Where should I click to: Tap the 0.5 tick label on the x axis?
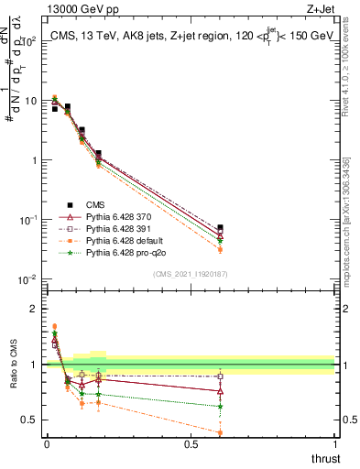191,444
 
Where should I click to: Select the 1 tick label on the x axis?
334,444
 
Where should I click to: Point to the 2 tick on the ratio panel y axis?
35,309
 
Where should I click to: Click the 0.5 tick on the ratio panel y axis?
30,420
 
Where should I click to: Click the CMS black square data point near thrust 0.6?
220,227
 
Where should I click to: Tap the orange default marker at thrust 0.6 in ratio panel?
220,432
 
